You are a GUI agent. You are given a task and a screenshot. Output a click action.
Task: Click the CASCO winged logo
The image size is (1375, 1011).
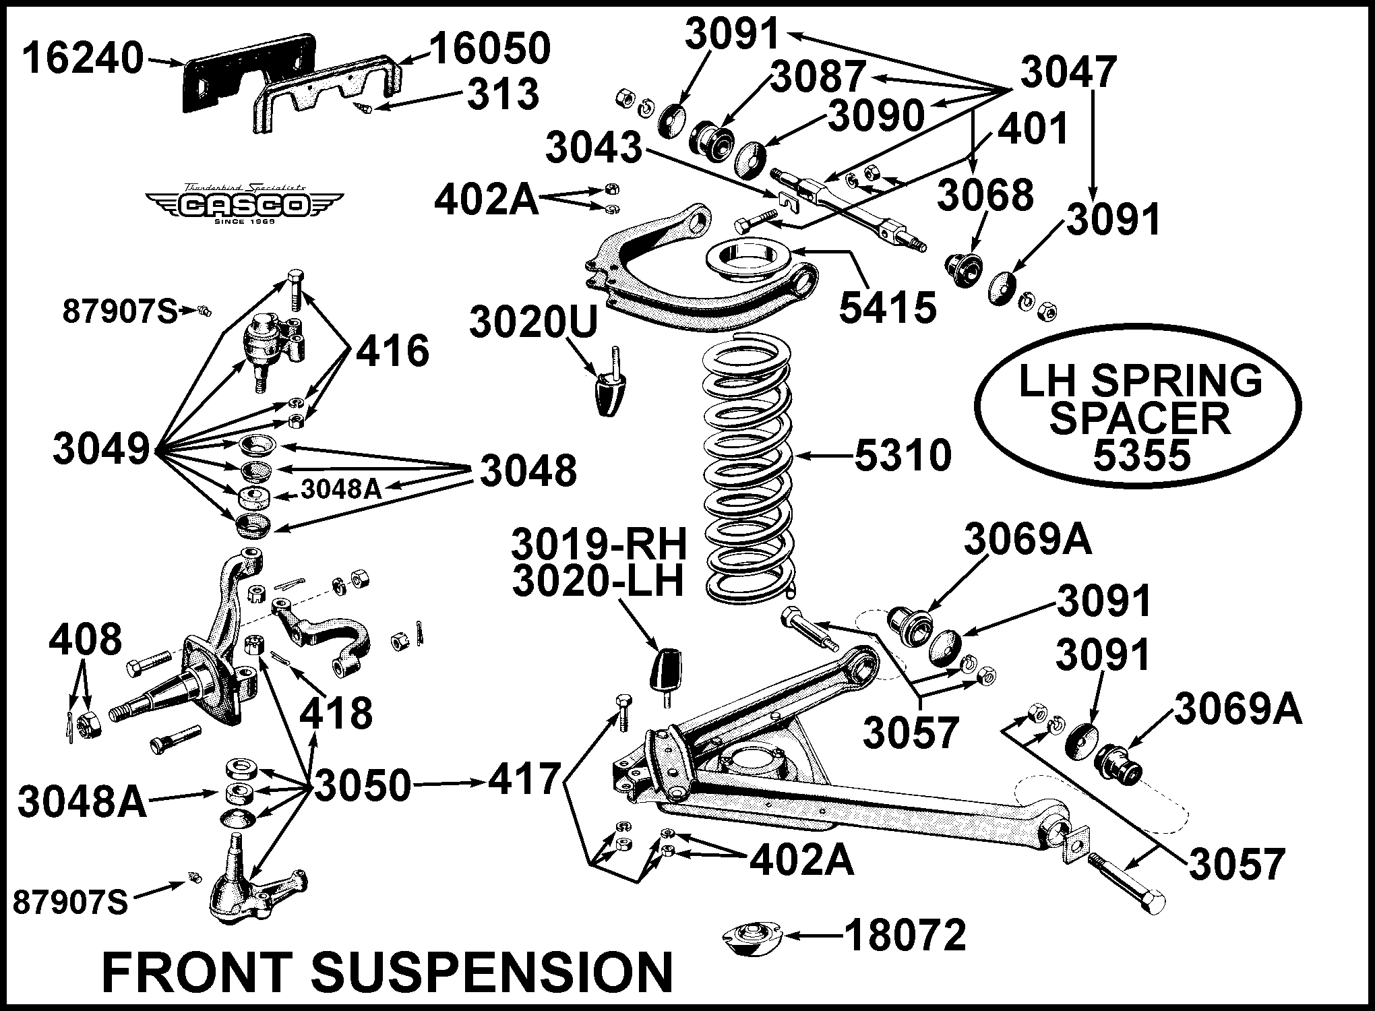coord(245,204)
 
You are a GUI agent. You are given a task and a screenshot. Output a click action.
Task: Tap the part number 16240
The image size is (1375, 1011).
coord(82,58)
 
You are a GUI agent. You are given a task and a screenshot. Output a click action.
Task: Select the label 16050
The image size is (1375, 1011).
coord(490,49)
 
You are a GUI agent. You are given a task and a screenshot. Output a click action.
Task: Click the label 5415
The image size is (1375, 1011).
coord(887,307)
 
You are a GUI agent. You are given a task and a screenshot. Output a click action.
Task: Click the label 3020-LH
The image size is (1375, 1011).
coord(598,582)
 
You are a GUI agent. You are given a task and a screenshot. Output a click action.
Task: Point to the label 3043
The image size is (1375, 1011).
coord(593,148)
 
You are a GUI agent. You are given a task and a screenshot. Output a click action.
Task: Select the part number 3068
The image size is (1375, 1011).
coord(985,195)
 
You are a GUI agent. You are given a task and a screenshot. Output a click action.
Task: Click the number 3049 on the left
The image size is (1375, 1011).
coord(101,449)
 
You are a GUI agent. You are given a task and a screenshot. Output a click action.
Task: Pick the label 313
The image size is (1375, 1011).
coord(503,95)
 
